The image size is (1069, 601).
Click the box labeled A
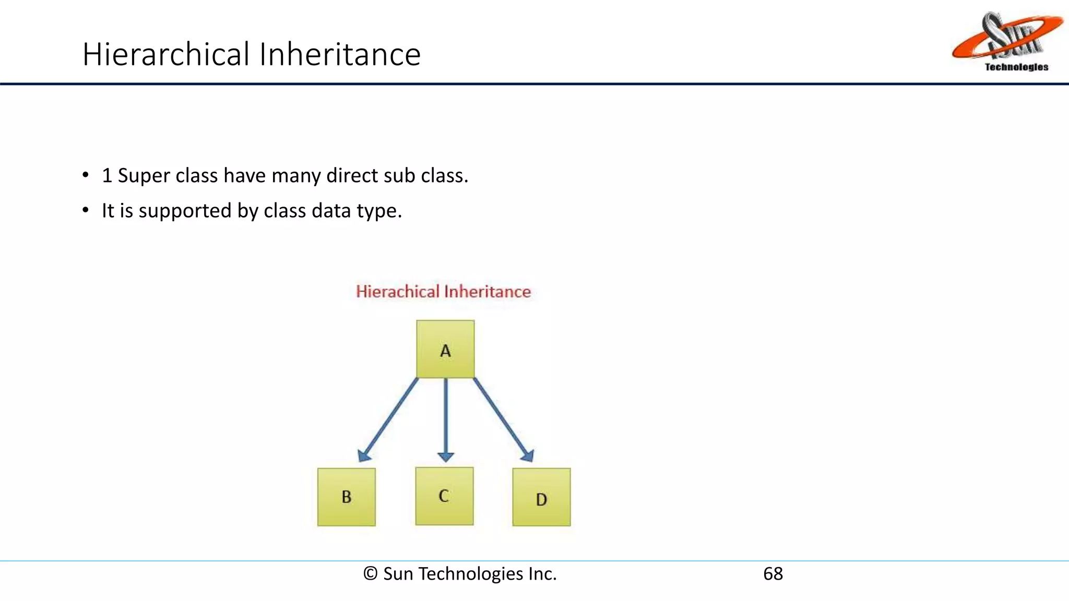click(x=445, y=349)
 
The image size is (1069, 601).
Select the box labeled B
click(x=346, y=497)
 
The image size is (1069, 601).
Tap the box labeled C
click(x=444, y=496)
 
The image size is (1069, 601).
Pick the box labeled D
click(x=541, y=497)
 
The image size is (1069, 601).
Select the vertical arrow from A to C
click(x=445, y=417)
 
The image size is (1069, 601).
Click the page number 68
click(x=773, y=573)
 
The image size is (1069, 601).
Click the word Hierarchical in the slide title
click(x=166, y=54)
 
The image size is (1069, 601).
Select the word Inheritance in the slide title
click(x=339, y=54)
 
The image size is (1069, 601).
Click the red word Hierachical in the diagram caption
click(x=397, y=291)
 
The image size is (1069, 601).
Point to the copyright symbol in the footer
click(x=370, y=573)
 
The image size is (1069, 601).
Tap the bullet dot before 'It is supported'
click(x=86, y=210)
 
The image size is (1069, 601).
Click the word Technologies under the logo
click(x=1016, y=67)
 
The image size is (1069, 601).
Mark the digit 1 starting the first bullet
click(x=107, y=176)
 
